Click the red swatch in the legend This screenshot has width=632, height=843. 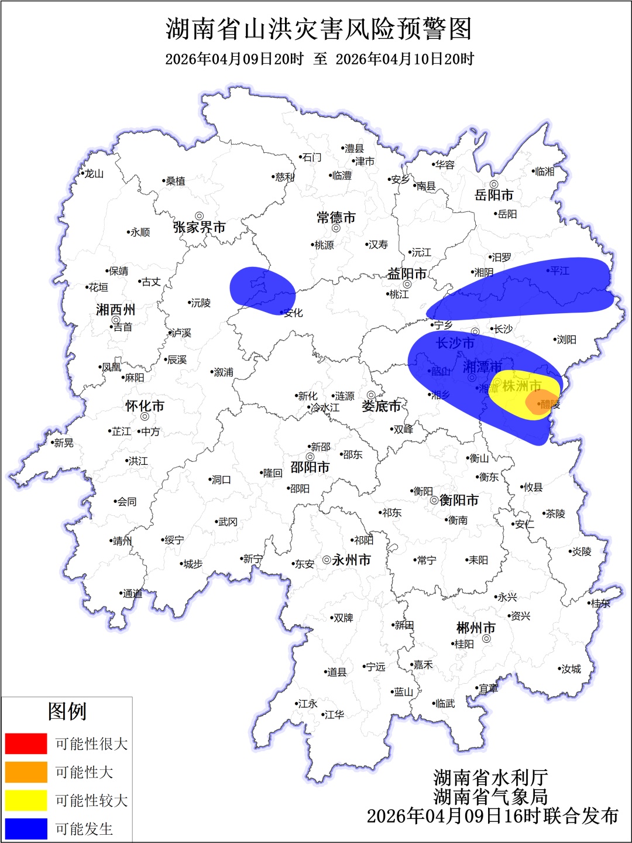coord(26,743)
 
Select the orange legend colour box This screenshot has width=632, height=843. coord(26,772)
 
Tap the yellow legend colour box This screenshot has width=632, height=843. coord(26,800)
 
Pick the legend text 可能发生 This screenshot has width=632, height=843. coord(84,829)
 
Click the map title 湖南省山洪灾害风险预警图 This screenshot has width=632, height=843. coord(319,29)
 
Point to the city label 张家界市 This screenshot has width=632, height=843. coord(199,227)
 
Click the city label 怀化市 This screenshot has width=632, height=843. coord(145,406)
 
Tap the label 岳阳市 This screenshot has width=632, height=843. coord(494,195)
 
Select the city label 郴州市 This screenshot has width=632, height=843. coord(476,628)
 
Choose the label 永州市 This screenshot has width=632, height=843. coord(351,560)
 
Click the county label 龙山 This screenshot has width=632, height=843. coord(94,174)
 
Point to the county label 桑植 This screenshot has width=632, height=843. coord(175,181)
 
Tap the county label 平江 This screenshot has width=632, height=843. coord(559,270)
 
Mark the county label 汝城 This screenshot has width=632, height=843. coord(571,669)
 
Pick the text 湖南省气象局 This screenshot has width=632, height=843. coord(490,797)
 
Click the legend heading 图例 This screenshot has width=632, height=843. coord(67,711)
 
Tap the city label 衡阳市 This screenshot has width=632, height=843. coord(459,500)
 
